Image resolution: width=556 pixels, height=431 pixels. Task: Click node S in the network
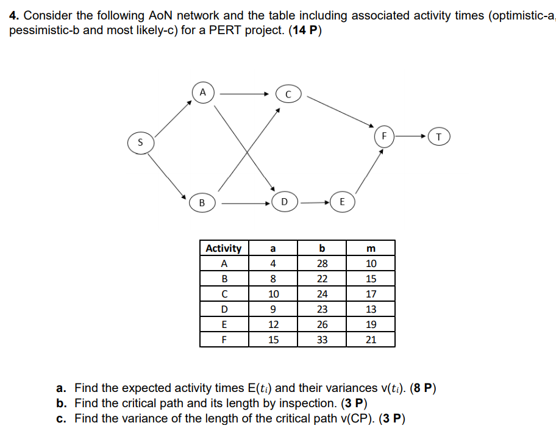coord(140,143)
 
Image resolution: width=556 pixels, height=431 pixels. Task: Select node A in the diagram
coord(204,93)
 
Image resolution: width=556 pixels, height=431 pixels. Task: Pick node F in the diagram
coord(384,136)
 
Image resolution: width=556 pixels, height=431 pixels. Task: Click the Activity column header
coord(224,248)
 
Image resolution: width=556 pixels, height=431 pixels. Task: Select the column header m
coord(371,248)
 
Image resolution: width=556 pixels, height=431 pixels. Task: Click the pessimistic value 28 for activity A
coord(322,264)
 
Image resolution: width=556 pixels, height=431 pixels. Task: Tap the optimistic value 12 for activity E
coord(273,325)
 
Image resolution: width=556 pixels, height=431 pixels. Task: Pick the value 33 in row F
coord(322,340)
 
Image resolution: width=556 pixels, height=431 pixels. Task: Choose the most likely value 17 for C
coord(371,294)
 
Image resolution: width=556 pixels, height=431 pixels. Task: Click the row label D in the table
coord(224,310)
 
